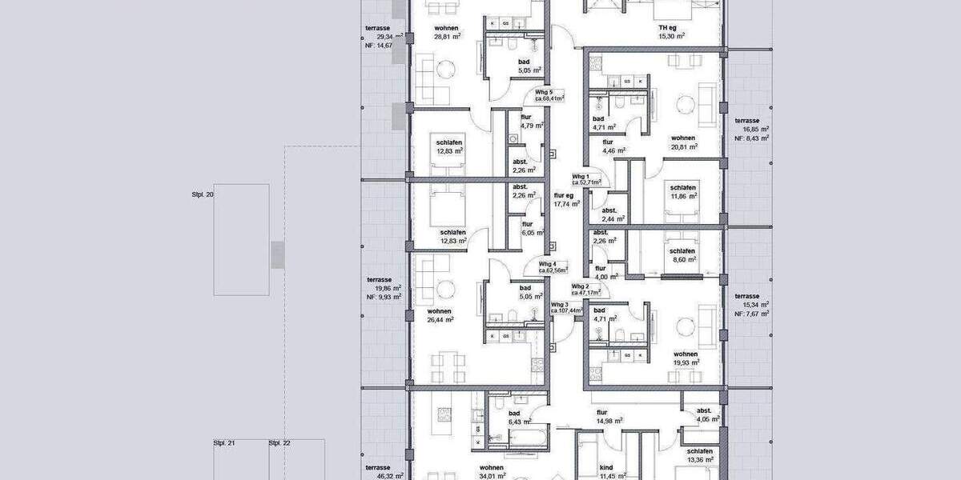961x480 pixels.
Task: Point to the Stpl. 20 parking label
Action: (x=203, y=194)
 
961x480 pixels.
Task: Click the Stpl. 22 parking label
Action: (x=279, y=442)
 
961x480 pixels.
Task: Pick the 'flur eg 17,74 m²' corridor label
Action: (x=565, y=199)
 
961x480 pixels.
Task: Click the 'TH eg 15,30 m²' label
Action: (x=671, y=31)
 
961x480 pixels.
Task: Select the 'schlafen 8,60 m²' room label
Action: (x=683, y=255)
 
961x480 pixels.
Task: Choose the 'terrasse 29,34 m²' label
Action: (x=379, y=32)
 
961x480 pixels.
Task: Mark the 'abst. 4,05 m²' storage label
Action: (x=704, y=414)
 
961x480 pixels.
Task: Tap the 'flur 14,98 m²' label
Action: (x=607, y=418)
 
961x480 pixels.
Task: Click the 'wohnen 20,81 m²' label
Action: (x=683, y=142)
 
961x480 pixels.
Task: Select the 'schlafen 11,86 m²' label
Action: (x=683, y=190)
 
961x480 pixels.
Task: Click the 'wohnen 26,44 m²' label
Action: (x=440, y=315)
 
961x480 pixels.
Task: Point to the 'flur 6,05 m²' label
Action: (x=527, y=229)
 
